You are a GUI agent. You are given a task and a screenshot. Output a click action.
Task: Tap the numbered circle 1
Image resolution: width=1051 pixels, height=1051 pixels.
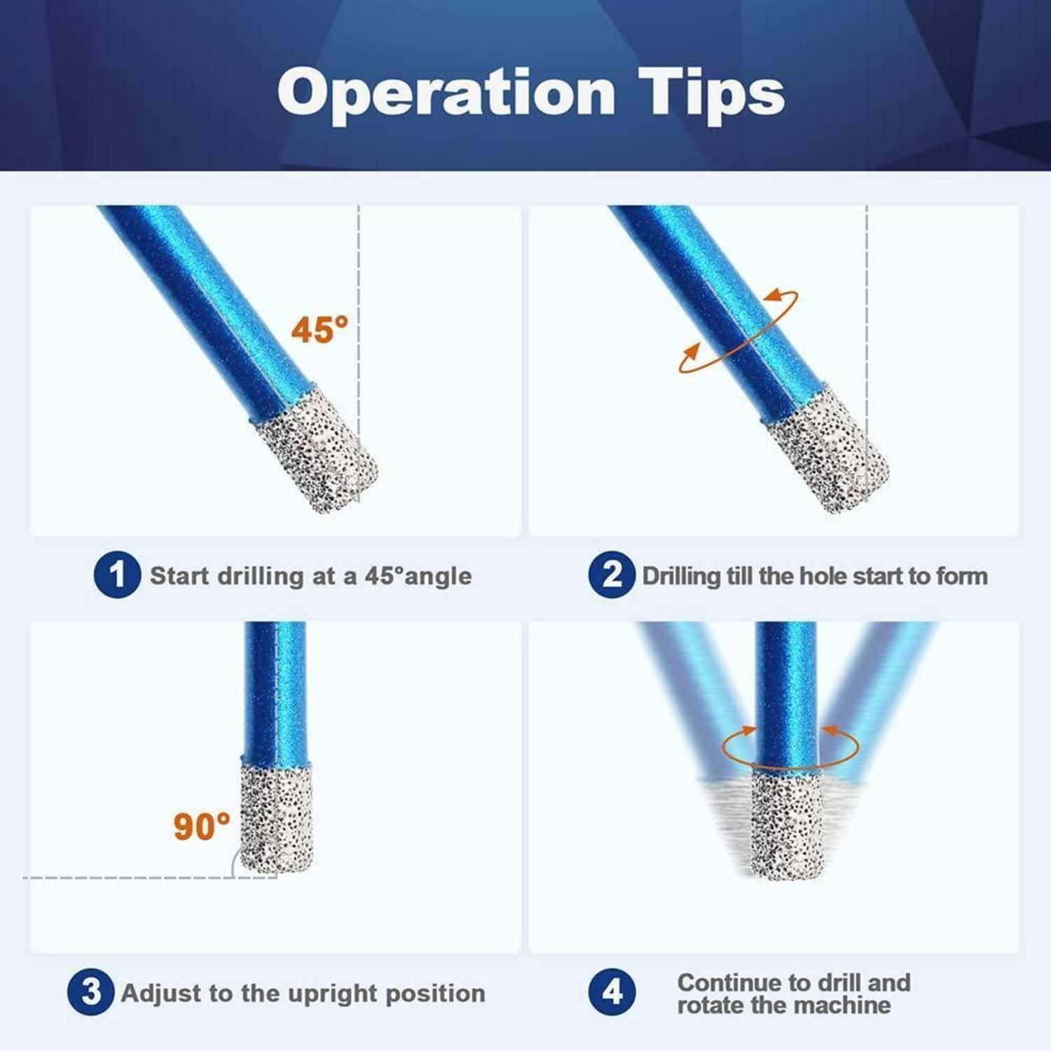coord(117,575)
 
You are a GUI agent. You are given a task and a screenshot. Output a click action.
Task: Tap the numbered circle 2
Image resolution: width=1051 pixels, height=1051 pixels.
coord(612,575)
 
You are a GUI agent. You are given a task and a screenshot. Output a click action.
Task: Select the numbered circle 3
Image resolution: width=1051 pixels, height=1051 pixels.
coord(91,991)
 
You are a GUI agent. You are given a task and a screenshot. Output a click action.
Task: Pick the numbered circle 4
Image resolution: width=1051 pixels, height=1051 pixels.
coord(612,991)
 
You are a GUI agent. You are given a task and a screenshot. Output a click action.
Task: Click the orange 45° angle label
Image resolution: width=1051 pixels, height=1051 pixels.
coord(320,329)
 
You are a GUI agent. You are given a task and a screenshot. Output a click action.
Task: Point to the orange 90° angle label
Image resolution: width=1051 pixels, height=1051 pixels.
coord(202,826)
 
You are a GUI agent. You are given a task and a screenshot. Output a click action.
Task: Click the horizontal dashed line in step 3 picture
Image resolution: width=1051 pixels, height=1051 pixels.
coord(150,877)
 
